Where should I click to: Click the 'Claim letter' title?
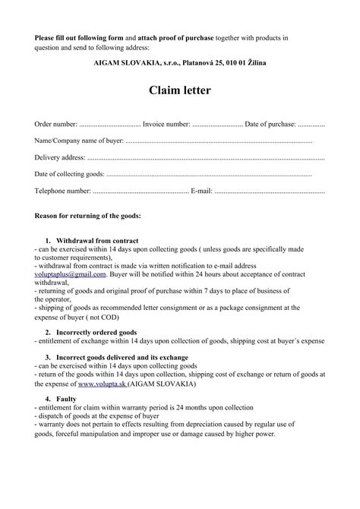coord(179,91)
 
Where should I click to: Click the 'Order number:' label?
coord(56,124)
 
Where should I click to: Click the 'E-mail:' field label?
coord(201,191)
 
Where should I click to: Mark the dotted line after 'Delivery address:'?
coord(205,159)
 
